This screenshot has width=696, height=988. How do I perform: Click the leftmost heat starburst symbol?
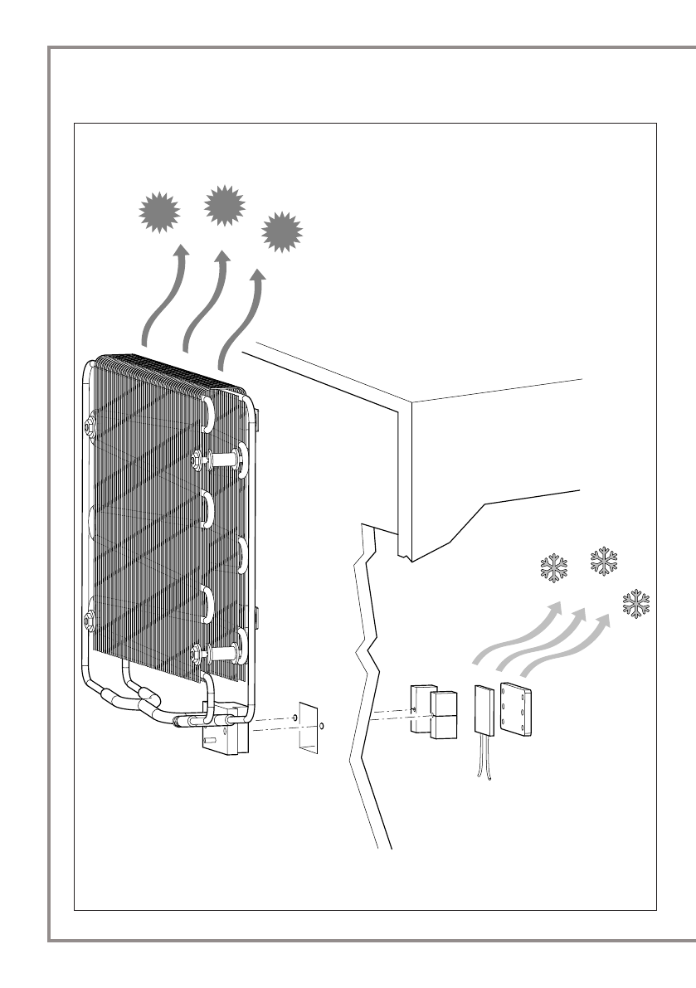point(159,212)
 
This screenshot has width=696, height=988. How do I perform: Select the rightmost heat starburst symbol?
point(282,232)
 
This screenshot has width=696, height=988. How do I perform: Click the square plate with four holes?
point(515,710)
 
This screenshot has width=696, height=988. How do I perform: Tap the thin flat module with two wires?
point(484,709)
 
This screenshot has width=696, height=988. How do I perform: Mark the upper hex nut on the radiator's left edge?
point(90,428)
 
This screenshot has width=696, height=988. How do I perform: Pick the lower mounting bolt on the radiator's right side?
point(218,653)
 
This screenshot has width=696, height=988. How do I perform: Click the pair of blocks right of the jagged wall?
point(435,712)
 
